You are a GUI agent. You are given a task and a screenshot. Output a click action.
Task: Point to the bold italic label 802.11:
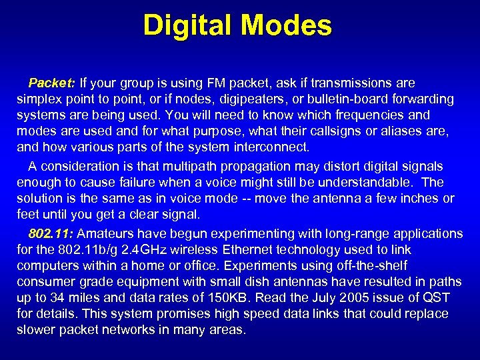click(x=51, y=234)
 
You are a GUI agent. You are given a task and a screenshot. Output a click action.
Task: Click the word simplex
click(x=38, y=99)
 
